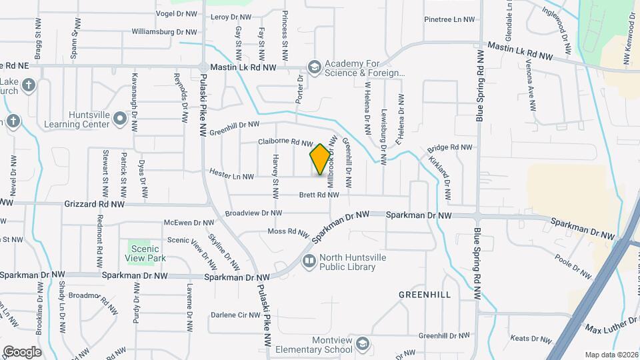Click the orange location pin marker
[x=320, y=159]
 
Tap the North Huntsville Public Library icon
[x=309, y=260]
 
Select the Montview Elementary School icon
[x=362, y=343]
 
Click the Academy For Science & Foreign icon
[x=314, y=66]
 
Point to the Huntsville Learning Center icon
[x=120, y=119]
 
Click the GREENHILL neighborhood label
[x=425, y=294]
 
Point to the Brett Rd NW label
[x=319, y=195]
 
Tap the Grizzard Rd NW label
[x=95, y=204]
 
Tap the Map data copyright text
[x=611, y=354]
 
